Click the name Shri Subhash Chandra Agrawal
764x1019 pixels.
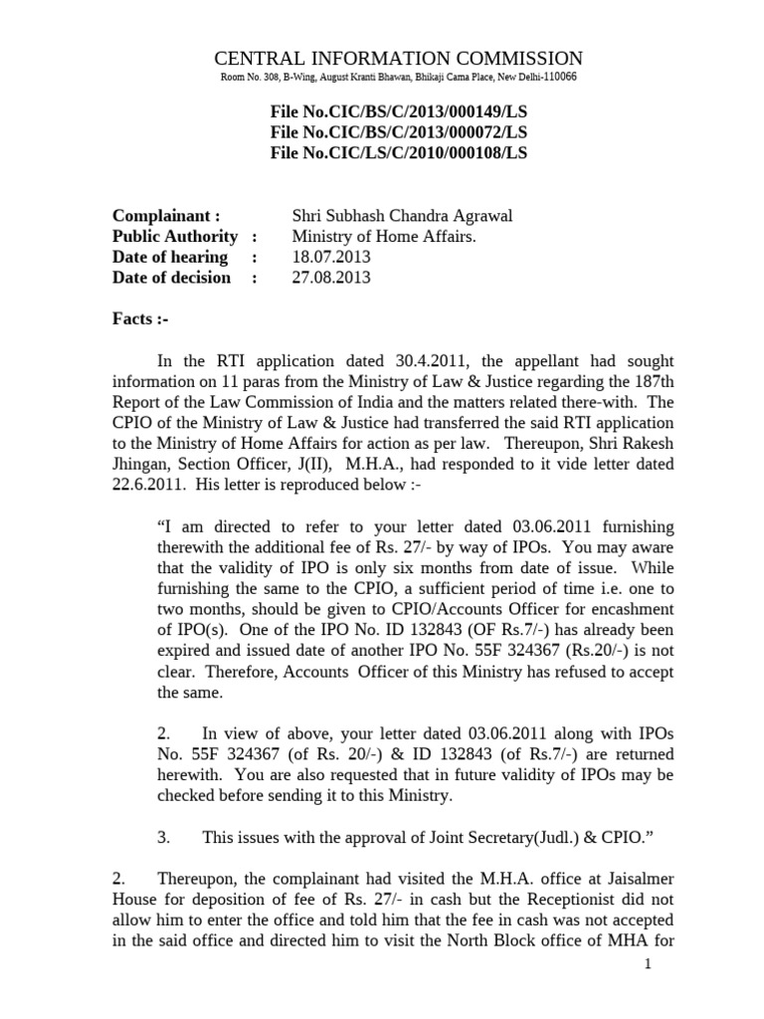pos(388,216)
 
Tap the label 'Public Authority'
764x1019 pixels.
pos(175,236)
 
